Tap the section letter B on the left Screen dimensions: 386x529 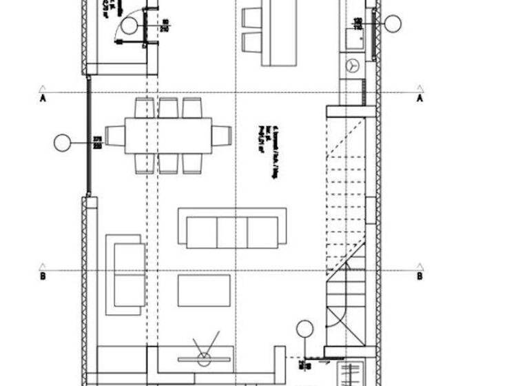pyautogui.click(x=43, y=276)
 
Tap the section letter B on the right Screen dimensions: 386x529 pyautogui.click(x=419, y=276)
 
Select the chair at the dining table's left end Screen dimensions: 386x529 pyautogui.click(x=114, y=136)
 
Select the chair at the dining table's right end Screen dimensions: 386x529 pyautogui.click(x=221, y=136)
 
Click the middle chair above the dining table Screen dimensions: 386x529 pyautogui.click(x=168, y=108)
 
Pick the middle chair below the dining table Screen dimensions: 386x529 pyautogui.click(x=168, y=163)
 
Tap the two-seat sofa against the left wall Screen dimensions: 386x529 pyautogui.click(x=125, y=274)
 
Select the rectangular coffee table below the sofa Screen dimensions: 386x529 pyautogui.click(x=204, y=290)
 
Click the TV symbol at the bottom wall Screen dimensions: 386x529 pyautogui.click(x=204, y=357)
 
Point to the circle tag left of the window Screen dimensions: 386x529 pyautogui.click(x=63, y=143)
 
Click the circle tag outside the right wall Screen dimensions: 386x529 pyautogui.click(x=393, y=24)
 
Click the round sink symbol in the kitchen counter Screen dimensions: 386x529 pyautogui.click(x=353, y=65)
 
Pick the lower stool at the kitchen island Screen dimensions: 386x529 pyautogui.click(x=252, y=42)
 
